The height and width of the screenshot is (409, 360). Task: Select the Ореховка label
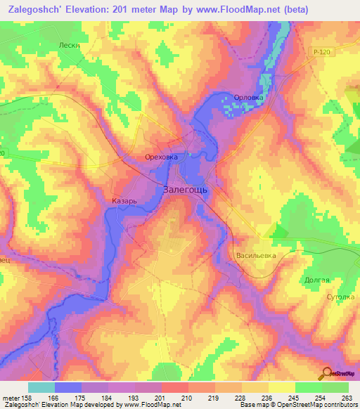coord(161,157)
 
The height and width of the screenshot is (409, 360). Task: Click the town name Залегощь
coord(184,189)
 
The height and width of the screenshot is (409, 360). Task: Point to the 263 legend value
coord(347,397)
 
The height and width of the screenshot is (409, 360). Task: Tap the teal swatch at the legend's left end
coord(41,387)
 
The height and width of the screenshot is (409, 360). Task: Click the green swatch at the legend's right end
coord(335,387)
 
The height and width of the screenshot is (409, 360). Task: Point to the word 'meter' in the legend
coord(11,397)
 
